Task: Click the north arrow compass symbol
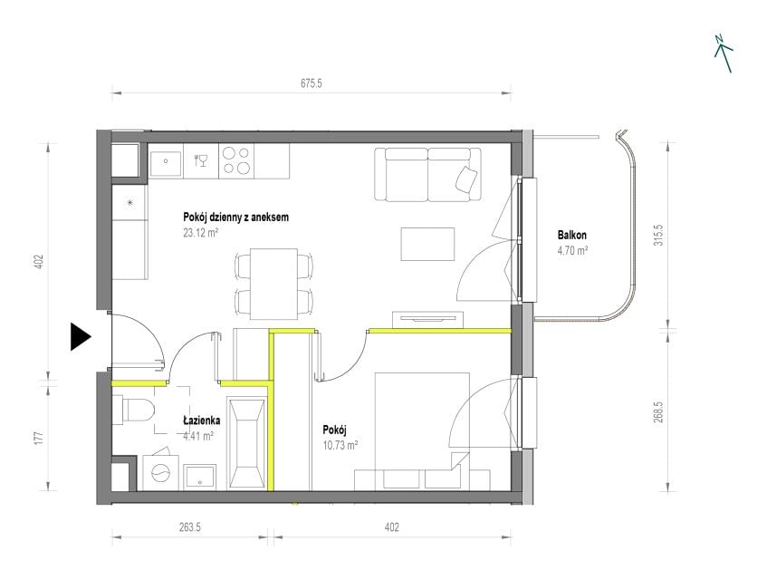pos(724,53)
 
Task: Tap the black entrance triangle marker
pos(81,337)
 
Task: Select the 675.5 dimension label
pos(312,83)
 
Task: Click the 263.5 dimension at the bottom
pos(190,527)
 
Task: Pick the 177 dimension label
pos(40,437)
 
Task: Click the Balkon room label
pos(571,235)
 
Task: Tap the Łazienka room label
pos(202,420)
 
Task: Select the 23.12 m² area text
pos(200,233)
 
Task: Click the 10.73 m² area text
pos(340,445)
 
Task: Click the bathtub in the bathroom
pos(247,443)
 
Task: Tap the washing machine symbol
pos(161,472)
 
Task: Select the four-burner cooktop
pos(236,161)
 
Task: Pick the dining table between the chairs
pos(273,284)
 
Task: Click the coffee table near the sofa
pos(428,244)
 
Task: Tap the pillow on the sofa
pos(466,179)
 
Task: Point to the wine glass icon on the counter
pos(201,160)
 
